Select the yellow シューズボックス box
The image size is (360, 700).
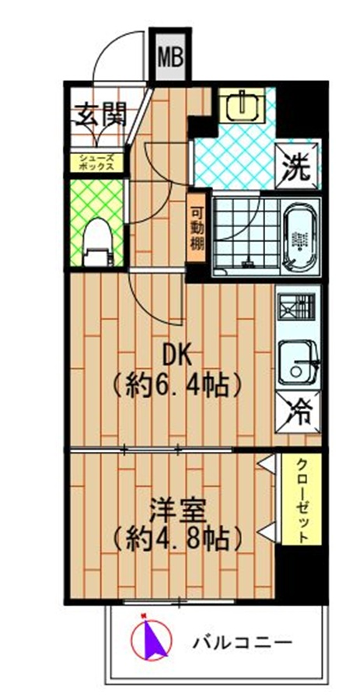point(98,163)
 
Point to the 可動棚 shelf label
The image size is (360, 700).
point(197,226)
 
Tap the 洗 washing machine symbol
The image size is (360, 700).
point(300,164)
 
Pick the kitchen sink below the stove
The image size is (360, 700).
point(299,362)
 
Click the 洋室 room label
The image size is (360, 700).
point(177,509)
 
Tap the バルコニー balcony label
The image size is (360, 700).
point(242,642)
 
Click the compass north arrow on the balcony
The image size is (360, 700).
point(150,639)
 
